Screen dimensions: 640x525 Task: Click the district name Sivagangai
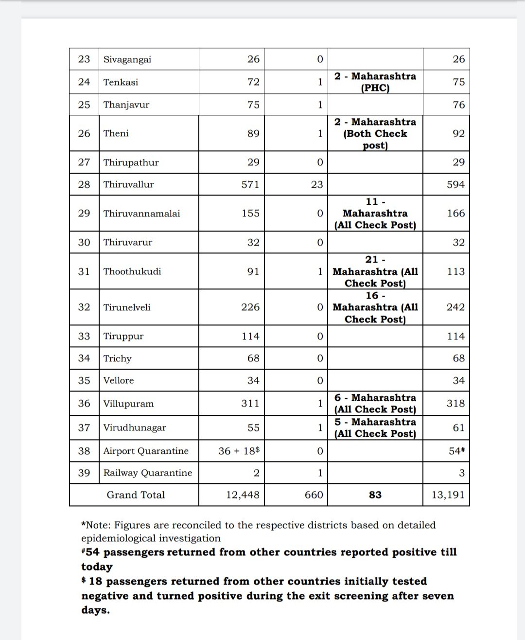(x=127, y=59)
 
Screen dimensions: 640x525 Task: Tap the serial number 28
(x=84, y=184)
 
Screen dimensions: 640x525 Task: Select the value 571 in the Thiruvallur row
(x=250, y=184)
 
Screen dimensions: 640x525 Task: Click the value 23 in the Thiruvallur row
(x=316, y=184)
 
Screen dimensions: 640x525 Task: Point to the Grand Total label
(x=136, y=495)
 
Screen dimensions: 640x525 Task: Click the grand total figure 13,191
(x=448, y=495)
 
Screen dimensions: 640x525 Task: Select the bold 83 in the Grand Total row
(x=375, y=495)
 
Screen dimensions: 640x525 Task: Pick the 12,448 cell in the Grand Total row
(x=243, y=495)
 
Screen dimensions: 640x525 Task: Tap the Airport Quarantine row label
(x=146, y=451)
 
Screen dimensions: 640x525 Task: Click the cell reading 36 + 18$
(x=239, y=451)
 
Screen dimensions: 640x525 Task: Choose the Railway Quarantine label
(x=148, y=473)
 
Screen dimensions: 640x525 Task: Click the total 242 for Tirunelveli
(x=455, y=307)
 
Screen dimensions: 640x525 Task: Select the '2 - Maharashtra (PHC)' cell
(x=375, y=82)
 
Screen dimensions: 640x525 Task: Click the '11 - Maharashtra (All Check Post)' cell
(x=375, y=213)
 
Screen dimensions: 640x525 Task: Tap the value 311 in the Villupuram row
(x=250, y=403)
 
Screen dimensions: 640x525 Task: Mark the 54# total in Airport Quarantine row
(x=457, y=451)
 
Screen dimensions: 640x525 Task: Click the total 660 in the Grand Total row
(x=314, y=495)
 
